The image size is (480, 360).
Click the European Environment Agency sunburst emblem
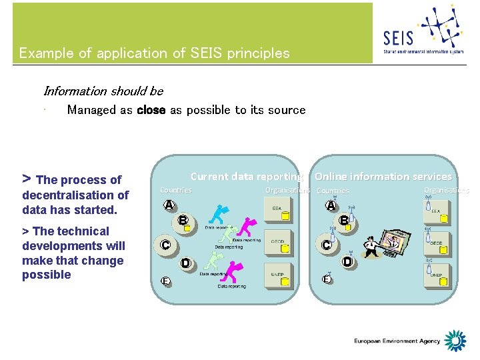[455, 341]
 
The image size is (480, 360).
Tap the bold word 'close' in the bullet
[151, 110]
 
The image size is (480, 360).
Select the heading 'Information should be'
[103, 91]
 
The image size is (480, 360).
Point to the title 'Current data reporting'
[246, 177]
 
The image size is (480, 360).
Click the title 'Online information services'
[383, 177]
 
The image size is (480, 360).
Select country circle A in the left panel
[169, 205]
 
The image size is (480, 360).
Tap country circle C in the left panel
[164, 245]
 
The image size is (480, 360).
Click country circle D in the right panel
[347, 263]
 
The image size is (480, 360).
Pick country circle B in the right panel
[344, 220]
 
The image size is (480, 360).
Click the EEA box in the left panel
[280, 213]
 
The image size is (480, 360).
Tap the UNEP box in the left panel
[280, 279]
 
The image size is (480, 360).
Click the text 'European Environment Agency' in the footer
[397, 341]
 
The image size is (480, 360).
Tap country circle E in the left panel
[163, 281]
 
